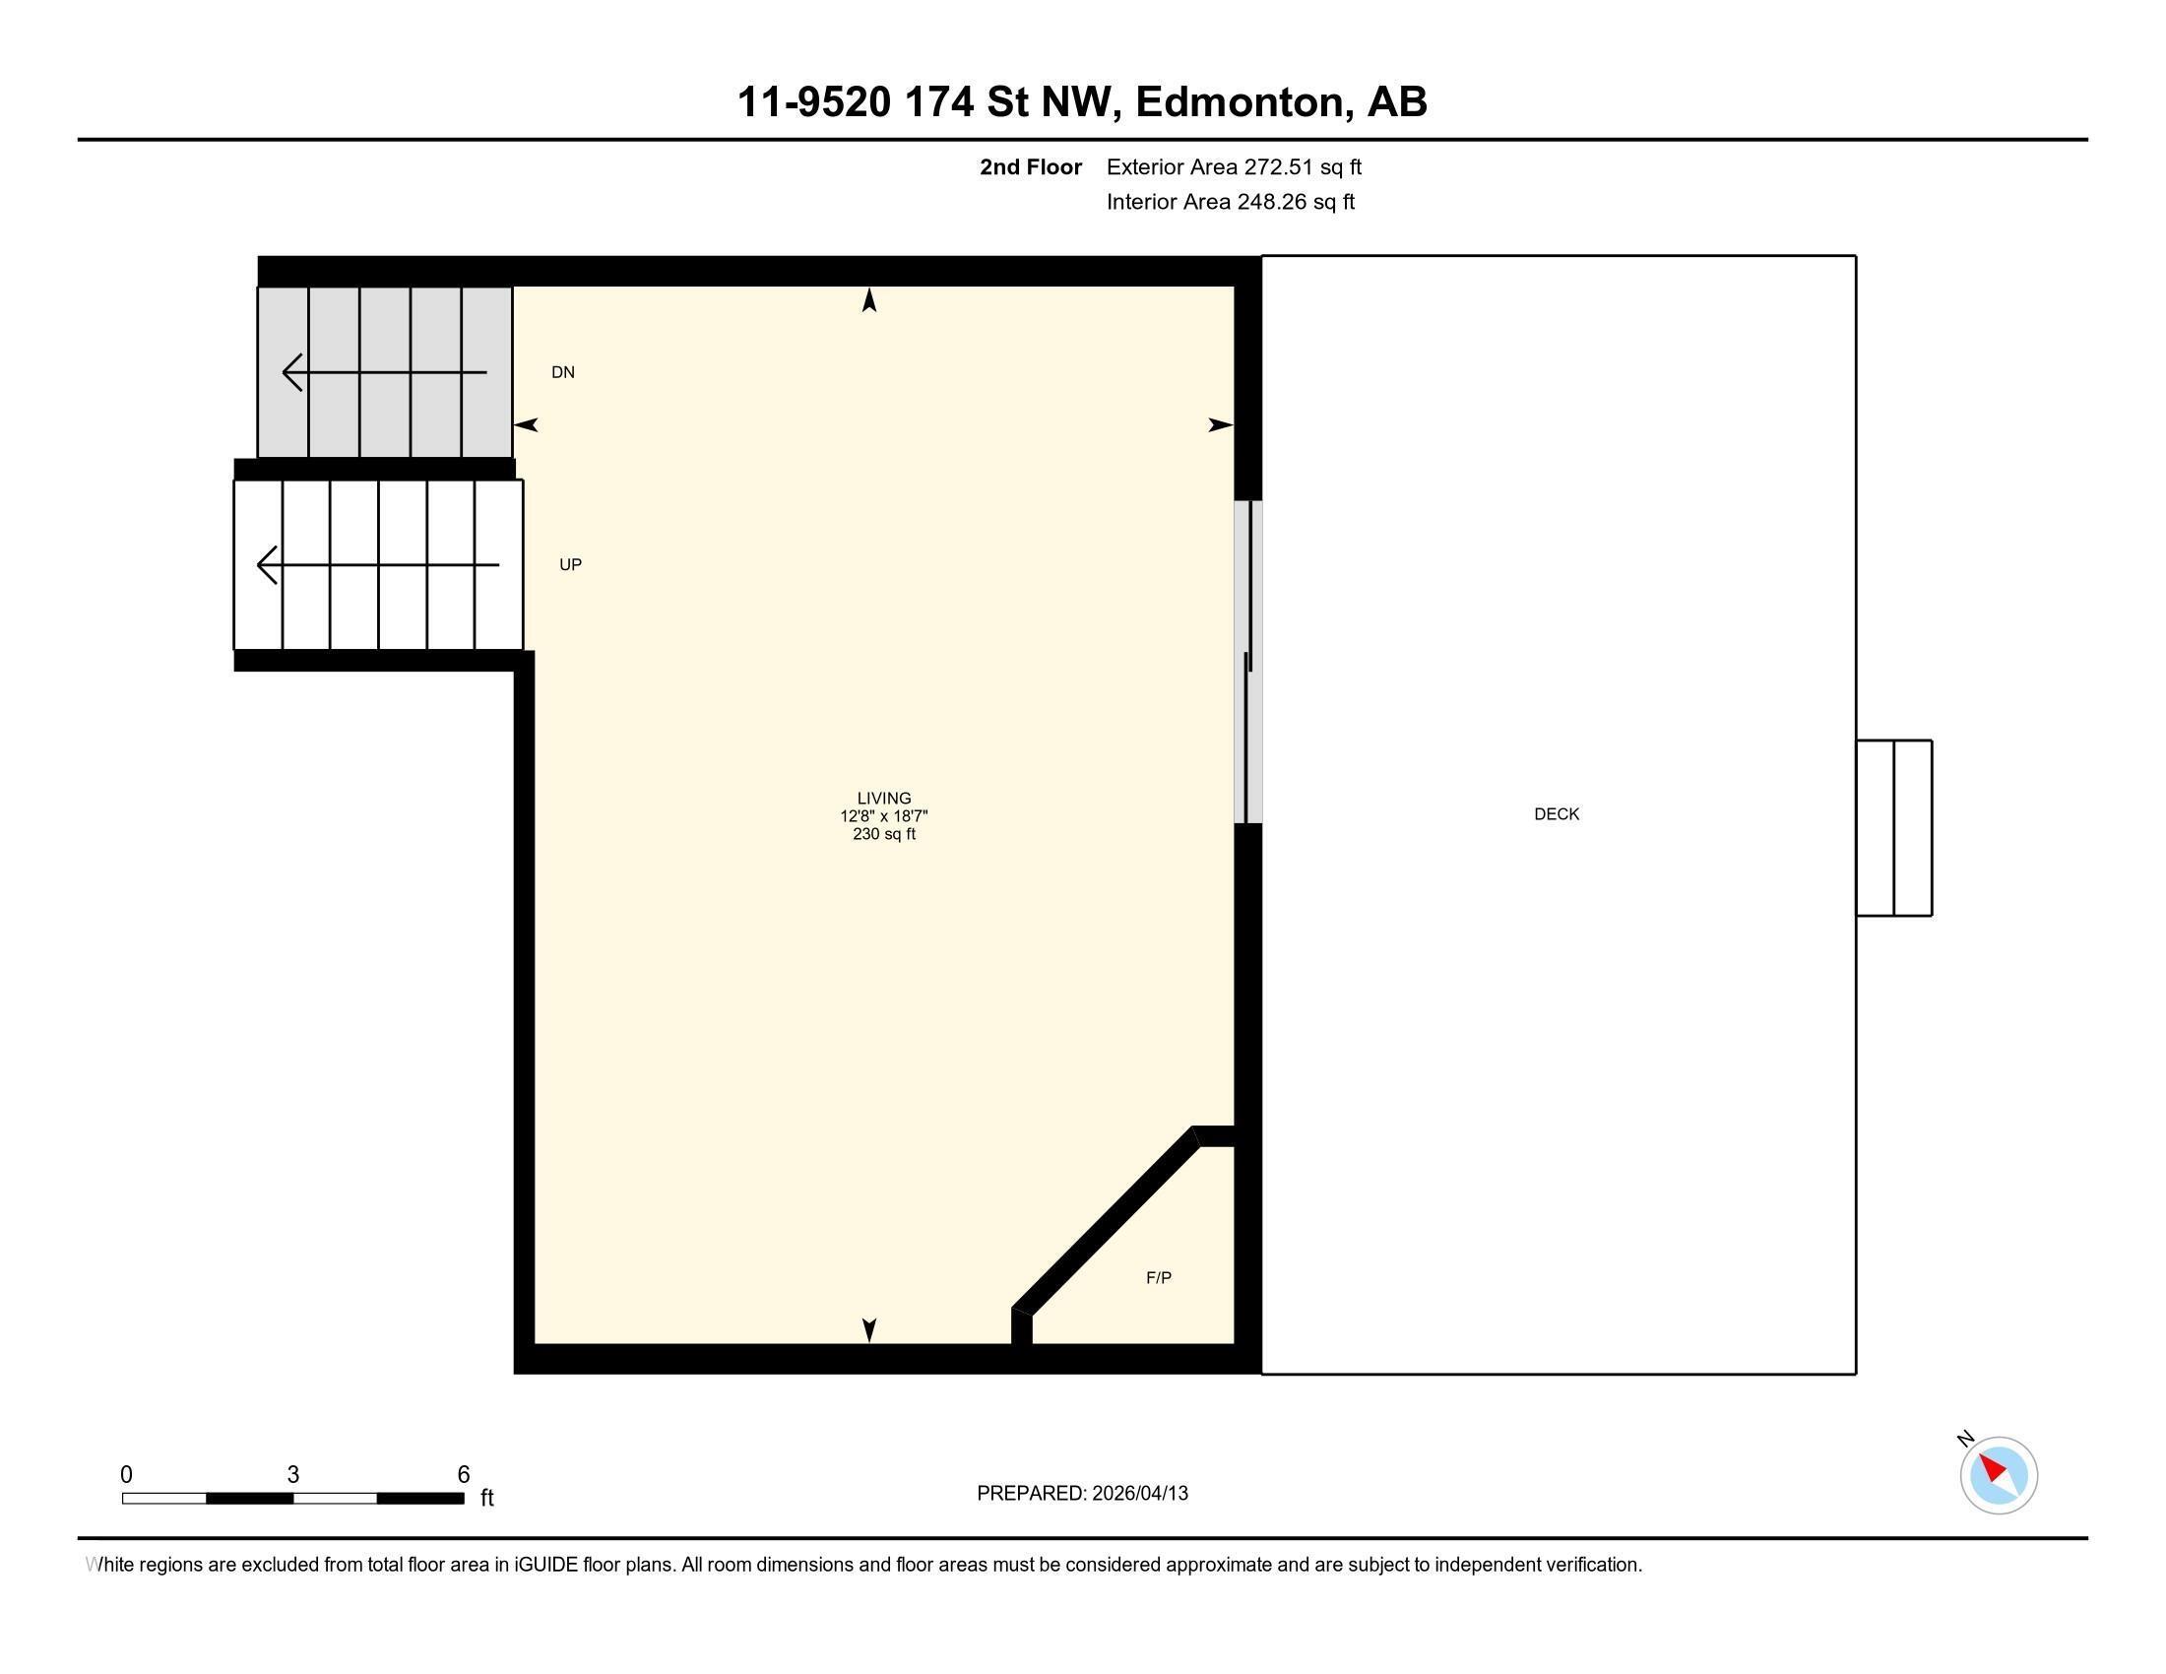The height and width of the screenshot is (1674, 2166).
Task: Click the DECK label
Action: click(1556, 814)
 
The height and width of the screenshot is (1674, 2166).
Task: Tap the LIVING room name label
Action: click(884, 799)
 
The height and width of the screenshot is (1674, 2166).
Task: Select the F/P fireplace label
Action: click(1159, 1278)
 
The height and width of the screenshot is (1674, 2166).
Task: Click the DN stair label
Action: click(563, 373)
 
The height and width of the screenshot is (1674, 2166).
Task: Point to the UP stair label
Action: click(570, 565)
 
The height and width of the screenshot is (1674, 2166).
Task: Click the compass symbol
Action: click(1998, 1475)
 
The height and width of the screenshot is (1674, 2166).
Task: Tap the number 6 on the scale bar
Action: click(463, 1475)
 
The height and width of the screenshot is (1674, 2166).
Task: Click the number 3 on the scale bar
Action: click(292, 1475)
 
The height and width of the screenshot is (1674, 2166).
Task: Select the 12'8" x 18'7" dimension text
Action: click(884, 816)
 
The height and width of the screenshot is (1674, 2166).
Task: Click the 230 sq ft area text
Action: click(884, 834)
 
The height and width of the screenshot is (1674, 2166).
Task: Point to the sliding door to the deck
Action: click(1247, 663)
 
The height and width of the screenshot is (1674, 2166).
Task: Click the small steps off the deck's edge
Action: click(1893, 828)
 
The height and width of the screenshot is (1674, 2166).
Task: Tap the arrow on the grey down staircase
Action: click(384, 373)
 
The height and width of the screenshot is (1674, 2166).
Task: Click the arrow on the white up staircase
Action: click(377, 565)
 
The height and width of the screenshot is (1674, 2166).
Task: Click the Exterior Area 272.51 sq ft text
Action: click(1234, 167)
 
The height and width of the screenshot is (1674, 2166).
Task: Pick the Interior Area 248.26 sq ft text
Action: click(1230, 202)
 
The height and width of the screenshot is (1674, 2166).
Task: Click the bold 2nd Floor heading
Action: click(1031, 167)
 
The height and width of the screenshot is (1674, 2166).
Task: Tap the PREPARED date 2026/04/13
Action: click(1138, 1494)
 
